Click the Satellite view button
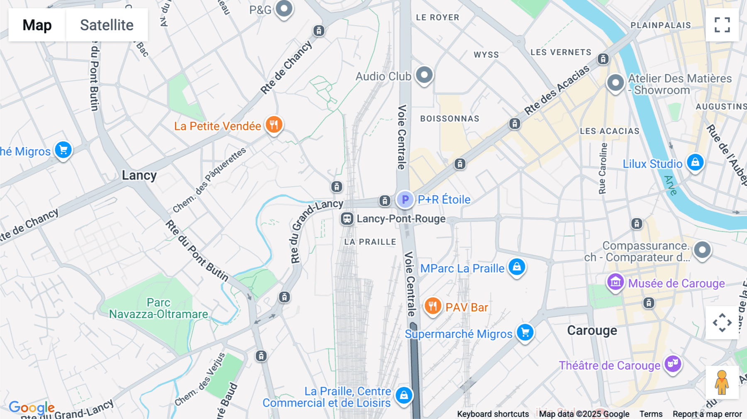coord(107,25)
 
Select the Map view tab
coord(37,25)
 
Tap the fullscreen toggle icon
coord(722,25)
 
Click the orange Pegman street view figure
coord(722,382)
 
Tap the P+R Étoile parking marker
coord(405,200)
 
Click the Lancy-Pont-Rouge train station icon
coord(347,219)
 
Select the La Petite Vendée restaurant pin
coord(273,124)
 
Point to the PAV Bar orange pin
coord(432,307)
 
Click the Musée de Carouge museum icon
coord(615,283)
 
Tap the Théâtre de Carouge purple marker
coord(673,364)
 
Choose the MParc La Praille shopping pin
coord(517,267)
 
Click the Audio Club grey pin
coord(424,76)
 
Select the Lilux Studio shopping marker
coord(695,162)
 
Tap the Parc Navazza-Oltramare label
coord(159,308)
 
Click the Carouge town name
coord(592,331)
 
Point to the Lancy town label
coord(139,175)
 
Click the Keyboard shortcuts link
coord(493,414)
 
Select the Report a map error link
coord(707,414)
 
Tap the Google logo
coord(32,408)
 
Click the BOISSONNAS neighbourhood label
coord(449,119)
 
